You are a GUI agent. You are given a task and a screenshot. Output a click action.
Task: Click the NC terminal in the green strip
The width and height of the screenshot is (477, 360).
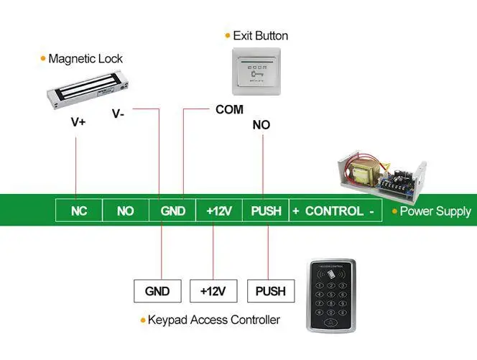coord(79,211)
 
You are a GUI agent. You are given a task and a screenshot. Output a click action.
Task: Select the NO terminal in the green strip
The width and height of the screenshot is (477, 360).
coord(126,211)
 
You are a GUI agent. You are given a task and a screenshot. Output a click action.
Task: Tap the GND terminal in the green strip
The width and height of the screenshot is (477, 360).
coord(172,211)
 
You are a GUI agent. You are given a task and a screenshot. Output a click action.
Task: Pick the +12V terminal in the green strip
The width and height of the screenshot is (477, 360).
coord(219,211)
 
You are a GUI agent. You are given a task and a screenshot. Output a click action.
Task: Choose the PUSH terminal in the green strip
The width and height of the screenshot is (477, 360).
coord(266,211)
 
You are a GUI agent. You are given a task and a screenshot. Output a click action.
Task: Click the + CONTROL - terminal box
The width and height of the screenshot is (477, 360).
coord(334,211)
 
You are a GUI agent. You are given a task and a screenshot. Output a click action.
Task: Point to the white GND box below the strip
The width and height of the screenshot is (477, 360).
coord(157,291)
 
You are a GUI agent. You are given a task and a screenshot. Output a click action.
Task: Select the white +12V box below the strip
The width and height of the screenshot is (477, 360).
coord(213,291)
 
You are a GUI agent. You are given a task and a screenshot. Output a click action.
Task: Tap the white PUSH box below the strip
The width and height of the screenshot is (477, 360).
coord(269,291)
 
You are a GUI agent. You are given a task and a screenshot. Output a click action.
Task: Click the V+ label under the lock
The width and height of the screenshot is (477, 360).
coord(78,122)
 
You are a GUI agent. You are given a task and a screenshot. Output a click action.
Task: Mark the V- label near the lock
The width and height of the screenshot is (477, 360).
coord(119,114)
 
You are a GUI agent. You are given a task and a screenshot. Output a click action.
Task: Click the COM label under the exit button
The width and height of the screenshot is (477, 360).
coord(229,110)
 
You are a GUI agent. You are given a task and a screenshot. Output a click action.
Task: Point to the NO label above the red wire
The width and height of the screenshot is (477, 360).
coord(261,125)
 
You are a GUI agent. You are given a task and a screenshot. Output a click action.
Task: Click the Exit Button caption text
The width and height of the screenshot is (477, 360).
coord(260,35)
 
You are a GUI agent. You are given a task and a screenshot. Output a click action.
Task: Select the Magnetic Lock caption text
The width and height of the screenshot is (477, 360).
coord(85,58)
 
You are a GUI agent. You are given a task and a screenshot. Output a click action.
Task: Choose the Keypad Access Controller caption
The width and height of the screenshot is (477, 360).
coord(213,320)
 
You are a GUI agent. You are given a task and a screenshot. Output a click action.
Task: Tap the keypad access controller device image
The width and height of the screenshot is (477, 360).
coord(331,295)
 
